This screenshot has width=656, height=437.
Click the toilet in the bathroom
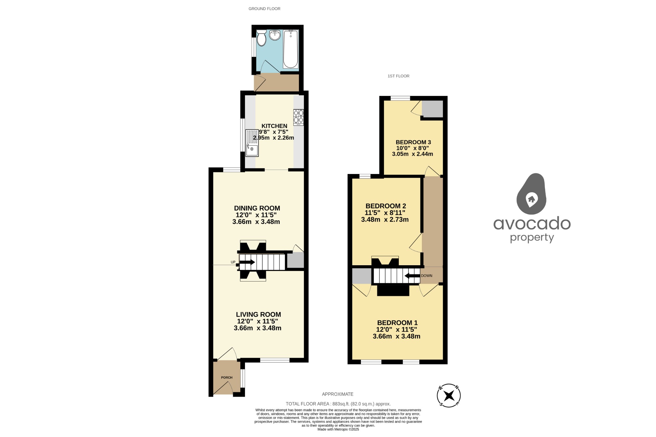pos(261,38)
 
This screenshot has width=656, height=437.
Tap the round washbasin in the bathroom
pos(275,35)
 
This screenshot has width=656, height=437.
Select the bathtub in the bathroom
pos(291,49)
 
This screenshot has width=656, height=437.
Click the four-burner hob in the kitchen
pos(299,117)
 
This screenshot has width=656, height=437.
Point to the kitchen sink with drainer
pos(252,143)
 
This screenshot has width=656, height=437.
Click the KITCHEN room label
pos(274,126)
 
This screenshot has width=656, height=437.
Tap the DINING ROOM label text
pos(257,208)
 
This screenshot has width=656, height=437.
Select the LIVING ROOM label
pos(258,314)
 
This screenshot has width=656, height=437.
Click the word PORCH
pos(226,377)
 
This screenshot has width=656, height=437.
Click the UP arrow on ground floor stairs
pos(247,262)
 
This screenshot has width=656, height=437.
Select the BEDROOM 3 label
pos(413,142)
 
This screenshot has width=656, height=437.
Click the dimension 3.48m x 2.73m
pos(385,219)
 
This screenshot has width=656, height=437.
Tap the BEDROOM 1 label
pos(397,323)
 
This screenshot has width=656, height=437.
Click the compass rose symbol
pos(449,395)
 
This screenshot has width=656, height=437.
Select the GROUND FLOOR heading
pos(264,9)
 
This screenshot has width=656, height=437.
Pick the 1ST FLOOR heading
pos(398,76)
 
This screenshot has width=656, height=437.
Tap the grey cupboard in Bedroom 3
pos(432,109)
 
